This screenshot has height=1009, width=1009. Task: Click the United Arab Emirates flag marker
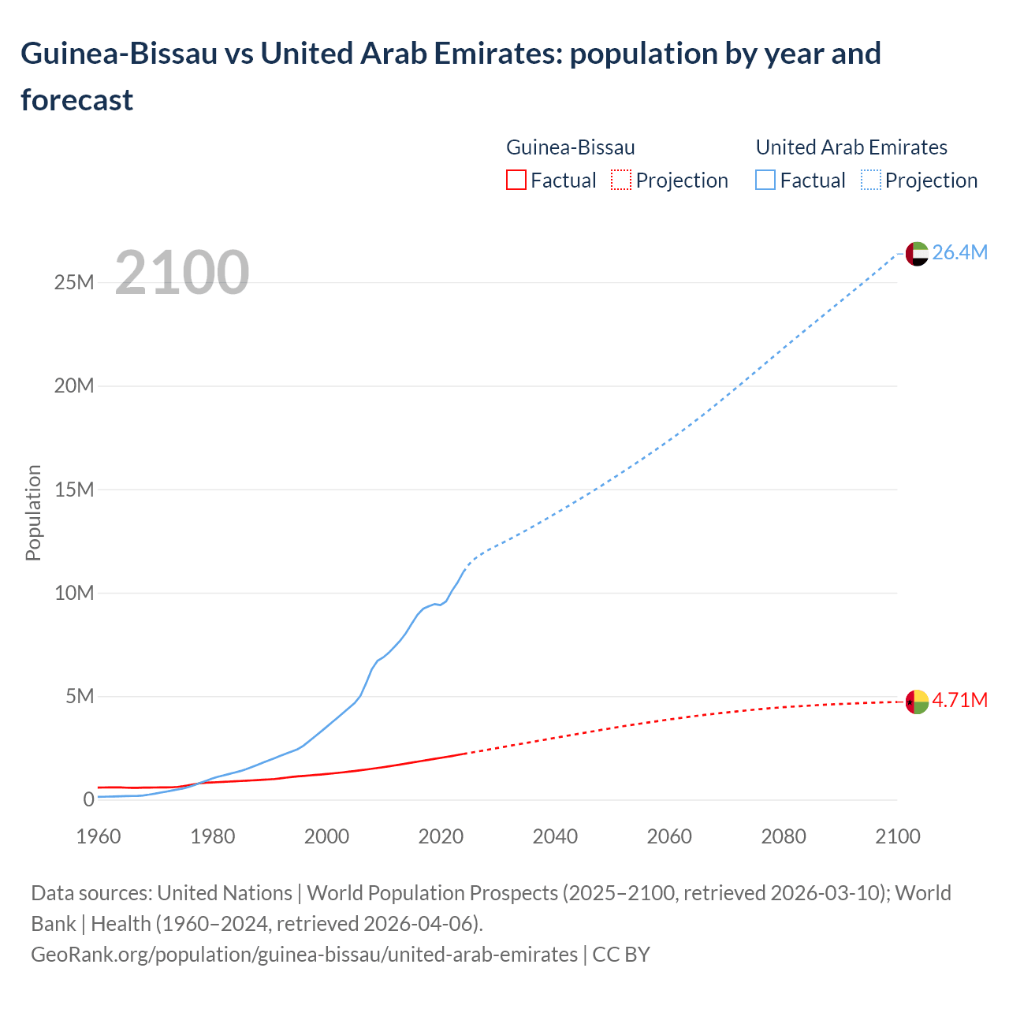click(x=917, y=253)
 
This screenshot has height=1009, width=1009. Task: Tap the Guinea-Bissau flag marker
click(x=917, y=701)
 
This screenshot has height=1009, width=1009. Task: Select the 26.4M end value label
click(x=959, y=252)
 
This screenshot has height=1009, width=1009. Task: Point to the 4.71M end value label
click(x=959, y=700)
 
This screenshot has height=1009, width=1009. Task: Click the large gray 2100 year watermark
click(x=182, y=273)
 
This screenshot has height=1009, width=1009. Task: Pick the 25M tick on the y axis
click(x=74, y=282)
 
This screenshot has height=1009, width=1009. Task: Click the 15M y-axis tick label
click(x=74, y=490)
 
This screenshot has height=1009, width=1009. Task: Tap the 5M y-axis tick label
click(x=80, y=696)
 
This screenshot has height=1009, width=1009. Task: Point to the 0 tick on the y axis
click(x=88, y=799)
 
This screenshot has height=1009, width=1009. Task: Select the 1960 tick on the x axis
click(x=99, y=836)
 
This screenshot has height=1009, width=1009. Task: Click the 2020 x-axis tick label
click(x=441, y=836)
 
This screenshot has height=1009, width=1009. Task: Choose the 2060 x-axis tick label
click(x=669, y=836)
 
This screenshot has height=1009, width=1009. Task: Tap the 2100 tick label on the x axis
click(x=897, y=836)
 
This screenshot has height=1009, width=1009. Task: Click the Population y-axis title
click(x=33, y=512)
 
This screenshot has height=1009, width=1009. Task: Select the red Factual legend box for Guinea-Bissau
click(x=516, y=181)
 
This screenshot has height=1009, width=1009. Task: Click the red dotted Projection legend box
click(x=621, y=181)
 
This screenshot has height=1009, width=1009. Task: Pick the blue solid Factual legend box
click(x=765, y=181)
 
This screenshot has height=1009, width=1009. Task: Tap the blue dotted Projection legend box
click(x=871, y=181)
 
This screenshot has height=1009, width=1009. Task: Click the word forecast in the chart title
click(x=77, y=100)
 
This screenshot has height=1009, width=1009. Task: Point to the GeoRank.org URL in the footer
click(x=304, y=954)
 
